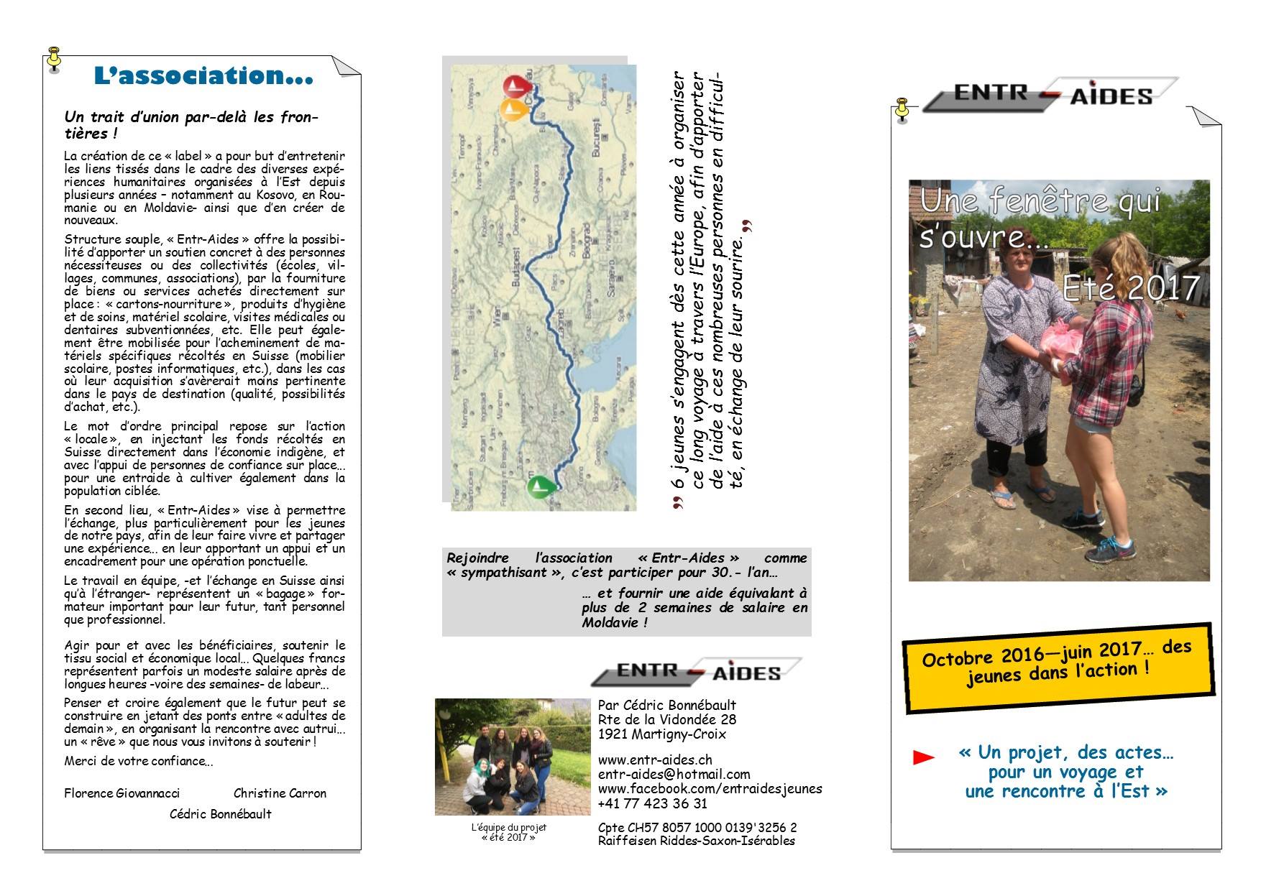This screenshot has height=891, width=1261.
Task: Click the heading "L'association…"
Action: [x=203, y=76]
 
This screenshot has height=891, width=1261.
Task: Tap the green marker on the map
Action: [x=540, y=486]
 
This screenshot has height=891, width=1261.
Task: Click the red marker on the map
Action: [x=515, y=88]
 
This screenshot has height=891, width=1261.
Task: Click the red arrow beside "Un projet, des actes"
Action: [x=923, y=757]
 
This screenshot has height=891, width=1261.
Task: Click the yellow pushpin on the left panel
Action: [x=54, y=59]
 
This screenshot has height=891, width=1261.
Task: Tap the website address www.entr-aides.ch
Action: [x=655, y=760]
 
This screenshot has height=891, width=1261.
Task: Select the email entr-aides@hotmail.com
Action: [x=674, y=774]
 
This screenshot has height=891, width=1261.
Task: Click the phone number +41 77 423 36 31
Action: [x=652, y=803]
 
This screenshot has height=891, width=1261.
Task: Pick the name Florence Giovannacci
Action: [x=121, y=793]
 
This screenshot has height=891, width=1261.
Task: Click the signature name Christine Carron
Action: [x=280, y=793]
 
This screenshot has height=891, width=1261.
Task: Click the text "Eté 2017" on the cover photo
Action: [x=1130, y=288]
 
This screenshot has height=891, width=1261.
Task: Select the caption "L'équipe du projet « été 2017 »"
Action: [x=508, y=832]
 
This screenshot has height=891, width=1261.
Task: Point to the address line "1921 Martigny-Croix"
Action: [x=661, y=734]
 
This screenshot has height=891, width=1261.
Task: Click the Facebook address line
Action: [x=710, y=788]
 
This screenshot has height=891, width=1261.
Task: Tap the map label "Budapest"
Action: [x=516, y=268]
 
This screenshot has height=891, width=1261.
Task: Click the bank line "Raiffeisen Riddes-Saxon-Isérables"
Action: [x=696, y=841]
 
